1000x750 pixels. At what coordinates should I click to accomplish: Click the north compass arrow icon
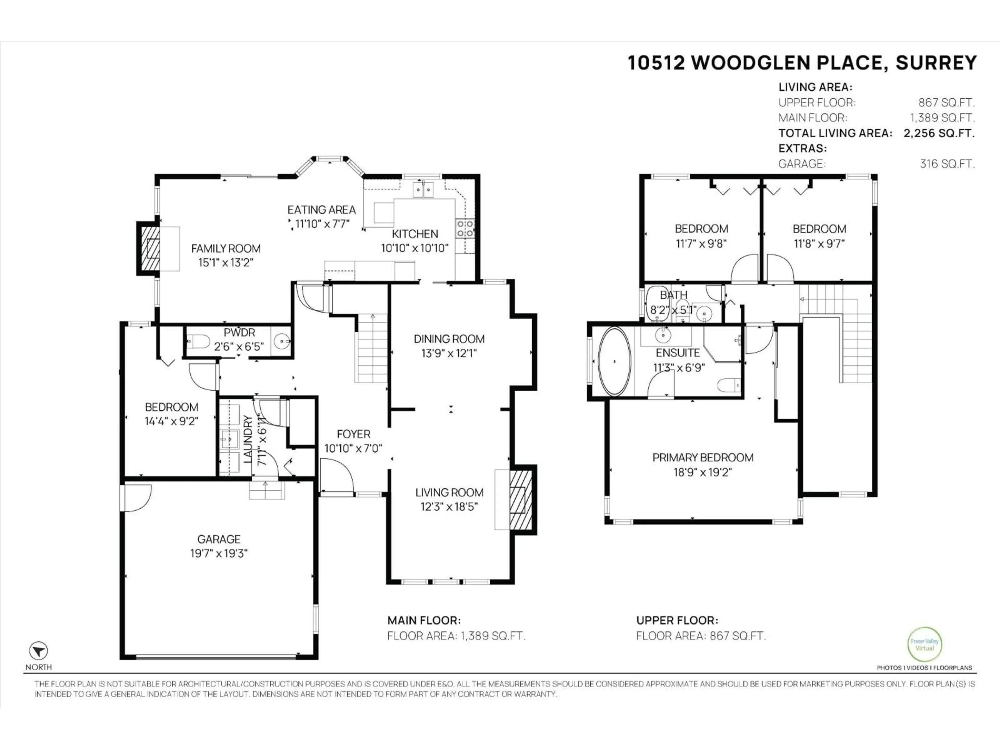click(x=39, y=651)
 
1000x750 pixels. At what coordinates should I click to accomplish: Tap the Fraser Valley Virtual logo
click(x=924, y=644)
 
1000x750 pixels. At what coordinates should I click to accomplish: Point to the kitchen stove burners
click(x=465, y=228)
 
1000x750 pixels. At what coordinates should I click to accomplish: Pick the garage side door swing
click(x=136, y=497)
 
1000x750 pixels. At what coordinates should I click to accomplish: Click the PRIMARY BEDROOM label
click(x=703, y=458)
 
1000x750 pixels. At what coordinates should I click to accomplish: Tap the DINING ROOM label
click(x=449, y=339)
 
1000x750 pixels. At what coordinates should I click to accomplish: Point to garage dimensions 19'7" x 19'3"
click(x=219, y=553)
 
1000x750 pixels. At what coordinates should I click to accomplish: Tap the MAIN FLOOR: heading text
click(x=424, y=620)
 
